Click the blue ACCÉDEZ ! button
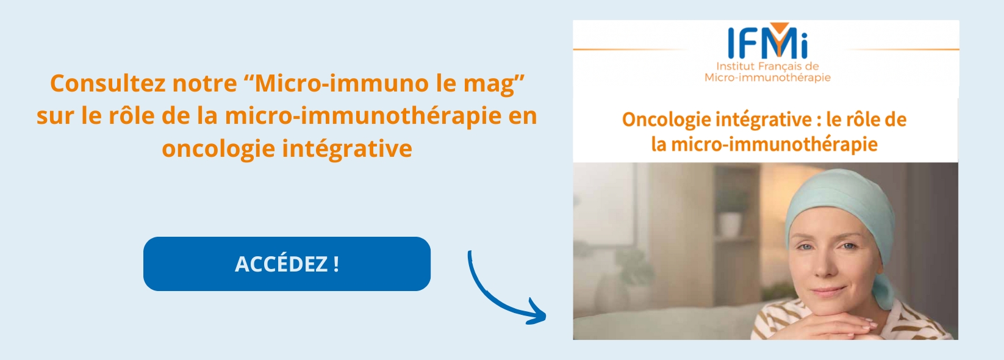(x=287, y=264)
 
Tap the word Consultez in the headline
(x=105, y=84)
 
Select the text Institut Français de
(x=767, y=67)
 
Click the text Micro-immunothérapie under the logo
(x=767, y=77)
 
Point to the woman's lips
(x=827, y=291)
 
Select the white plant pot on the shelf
(x=730, y=224)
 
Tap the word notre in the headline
(x=204, y=84)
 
